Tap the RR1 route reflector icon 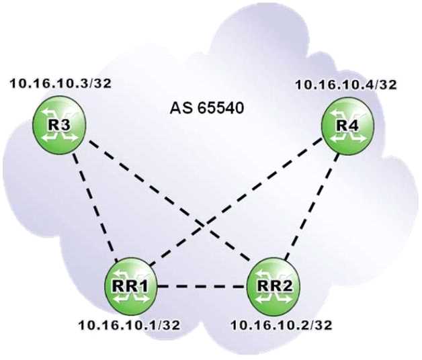coord(131,287)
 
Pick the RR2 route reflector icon coord(273,287)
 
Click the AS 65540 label coord(207,108)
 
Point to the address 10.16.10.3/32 coord(61,83)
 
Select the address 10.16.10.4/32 coord(346,84)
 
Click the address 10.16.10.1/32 coord(129,325)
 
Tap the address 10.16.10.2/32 coord(282,325)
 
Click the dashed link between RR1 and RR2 coord(202,287)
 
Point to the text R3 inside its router coord(59,125)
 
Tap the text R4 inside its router coord(348,126)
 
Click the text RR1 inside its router coord(130,286)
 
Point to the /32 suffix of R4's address coord(384,84)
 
